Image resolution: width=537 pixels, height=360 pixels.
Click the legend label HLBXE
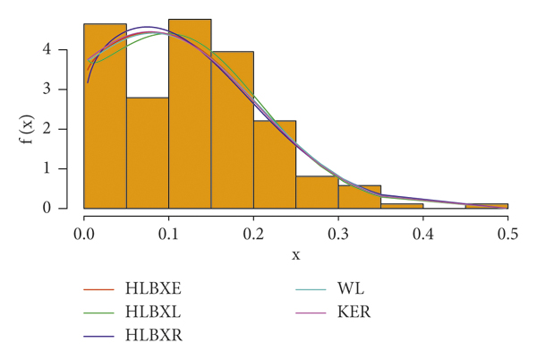point(158,288)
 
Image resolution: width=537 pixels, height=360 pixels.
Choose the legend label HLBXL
point(158,312)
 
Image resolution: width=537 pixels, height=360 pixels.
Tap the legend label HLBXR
point(158,335)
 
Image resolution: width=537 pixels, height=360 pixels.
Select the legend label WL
point(351,288)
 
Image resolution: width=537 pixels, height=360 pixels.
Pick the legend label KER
point(354,312)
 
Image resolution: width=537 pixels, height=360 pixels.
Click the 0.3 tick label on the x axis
point(338,234)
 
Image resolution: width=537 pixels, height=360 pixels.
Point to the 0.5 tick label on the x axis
point(507,234)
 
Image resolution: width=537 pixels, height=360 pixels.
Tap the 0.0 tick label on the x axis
point(83,234)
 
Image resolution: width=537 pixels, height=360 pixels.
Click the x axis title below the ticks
point(295,255)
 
